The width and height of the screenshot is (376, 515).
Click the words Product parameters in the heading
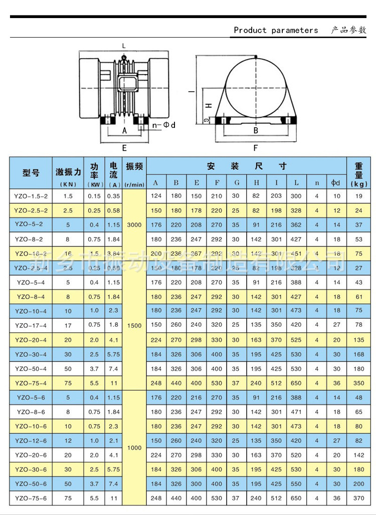click(276, 31)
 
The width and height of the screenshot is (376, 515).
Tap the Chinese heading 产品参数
click(348, 30)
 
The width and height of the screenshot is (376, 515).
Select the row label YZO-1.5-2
click(31, 196)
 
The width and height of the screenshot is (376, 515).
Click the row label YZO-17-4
click(31, 325)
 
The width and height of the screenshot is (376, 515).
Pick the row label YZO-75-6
click(31, 498)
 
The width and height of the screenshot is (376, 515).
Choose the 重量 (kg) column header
click(359, 174)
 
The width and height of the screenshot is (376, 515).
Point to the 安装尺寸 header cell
click(247, 166)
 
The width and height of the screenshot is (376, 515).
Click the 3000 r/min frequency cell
click(134, 225)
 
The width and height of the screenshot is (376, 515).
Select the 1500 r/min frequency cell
click(134, 326)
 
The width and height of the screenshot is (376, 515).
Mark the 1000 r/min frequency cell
click(134, 448)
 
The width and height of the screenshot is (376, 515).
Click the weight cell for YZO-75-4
click(359, 383)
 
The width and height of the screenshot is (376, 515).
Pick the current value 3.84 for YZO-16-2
click(114, 254)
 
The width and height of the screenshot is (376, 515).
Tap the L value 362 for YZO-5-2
click(296, 225)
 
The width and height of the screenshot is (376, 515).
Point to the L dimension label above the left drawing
click(124, 46)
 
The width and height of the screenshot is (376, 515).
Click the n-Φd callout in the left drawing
click(163, 125)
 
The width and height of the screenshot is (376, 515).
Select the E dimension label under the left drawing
click(124, 148)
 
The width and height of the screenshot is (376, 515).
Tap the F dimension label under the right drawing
click(256, 148)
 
